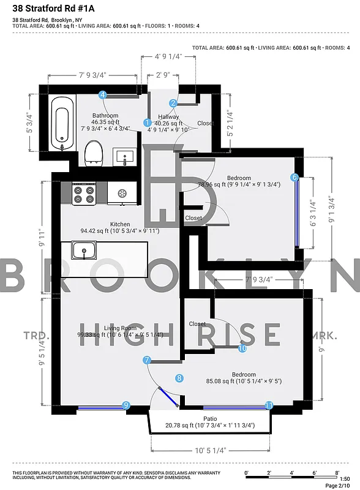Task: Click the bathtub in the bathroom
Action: click(x=60, y=124)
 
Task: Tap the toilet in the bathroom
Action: click(x=94, y=153)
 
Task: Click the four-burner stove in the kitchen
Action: click(x=84, y=194)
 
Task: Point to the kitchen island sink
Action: click(x=83, y=250)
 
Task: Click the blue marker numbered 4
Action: click(x=103, y=94)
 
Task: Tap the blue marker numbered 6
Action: click(x=294, y=178)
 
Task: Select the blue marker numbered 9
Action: click(x=126, y=405)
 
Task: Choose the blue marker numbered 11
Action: click(x=269, y=405)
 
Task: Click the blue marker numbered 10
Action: click(x=242, y=348)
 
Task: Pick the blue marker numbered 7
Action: click(x=147, y=361)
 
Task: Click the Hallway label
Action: click(x=168, y=116)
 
